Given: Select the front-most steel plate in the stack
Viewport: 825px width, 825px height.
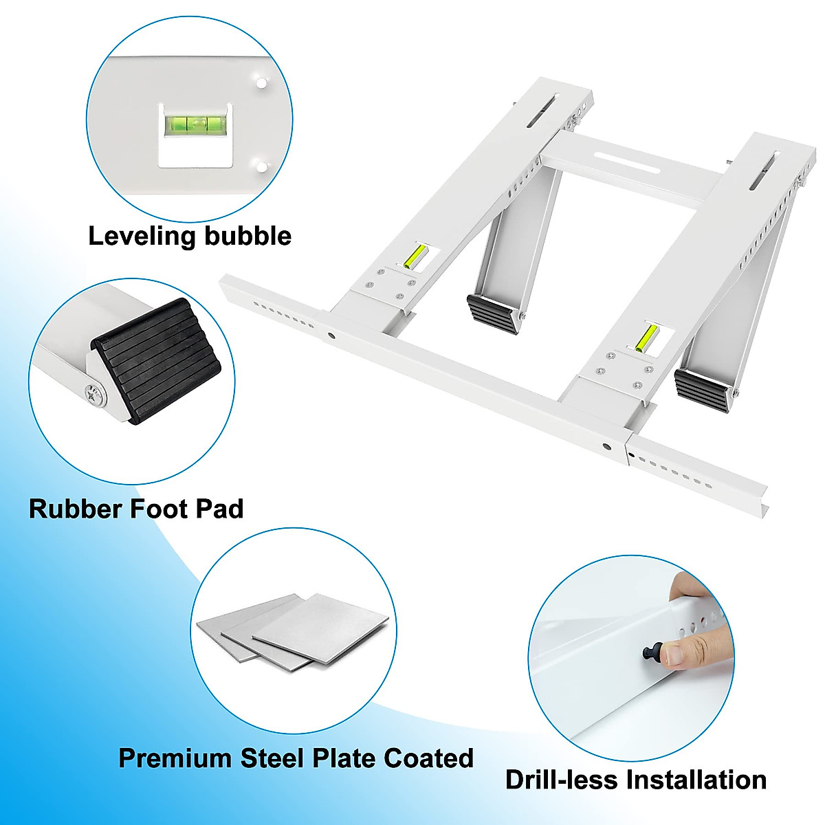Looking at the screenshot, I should pos(320,628).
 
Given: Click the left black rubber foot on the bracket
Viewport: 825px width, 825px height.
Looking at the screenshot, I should pos(493,313).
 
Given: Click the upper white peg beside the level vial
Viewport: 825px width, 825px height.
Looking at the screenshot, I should pos(261,82).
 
